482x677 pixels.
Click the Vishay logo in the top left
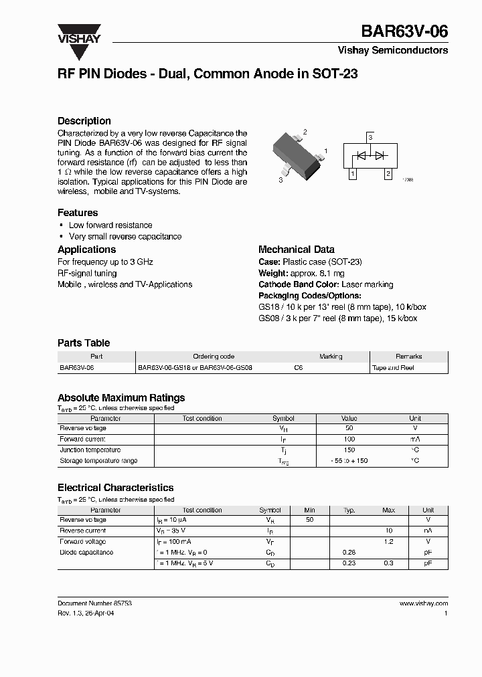point(78,34)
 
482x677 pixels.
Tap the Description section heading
point(84,121)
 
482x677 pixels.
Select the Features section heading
point(78,213)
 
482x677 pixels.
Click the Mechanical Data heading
point(297,250)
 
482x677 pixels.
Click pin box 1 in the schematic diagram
point(353,175)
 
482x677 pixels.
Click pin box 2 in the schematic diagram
point(388,175)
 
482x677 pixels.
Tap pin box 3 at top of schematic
point(370,138)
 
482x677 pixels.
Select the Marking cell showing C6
point(299,368)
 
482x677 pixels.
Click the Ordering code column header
point(214,357)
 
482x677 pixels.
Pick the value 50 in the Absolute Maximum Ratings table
point(349,428)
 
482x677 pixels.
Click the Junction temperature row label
point(90,450)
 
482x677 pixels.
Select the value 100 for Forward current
point(349,440)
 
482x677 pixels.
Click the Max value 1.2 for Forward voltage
point(388,542)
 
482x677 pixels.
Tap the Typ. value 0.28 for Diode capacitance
point(349,553)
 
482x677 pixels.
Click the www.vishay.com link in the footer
point(424,603)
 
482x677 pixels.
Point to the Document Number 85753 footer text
point(94,603)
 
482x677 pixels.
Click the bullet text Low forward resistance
point(110,225)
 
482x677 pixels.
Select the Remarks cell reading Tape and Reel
point(394,368)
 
